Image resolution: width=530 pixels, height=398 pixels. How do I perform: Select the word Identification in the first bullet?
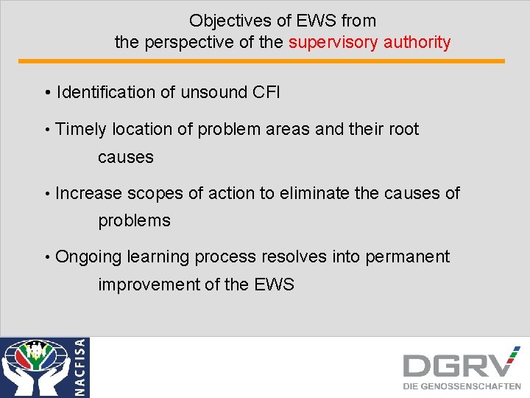pos(105,92)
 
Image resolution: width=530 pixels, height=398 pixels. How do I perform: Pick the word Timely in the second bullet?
pos(80,130)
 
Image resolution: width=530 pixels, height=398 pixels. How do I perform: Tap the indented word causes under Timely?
pos(126,157)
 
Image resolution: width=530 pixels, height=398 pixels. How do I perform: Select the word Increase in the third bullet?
pos(88,193)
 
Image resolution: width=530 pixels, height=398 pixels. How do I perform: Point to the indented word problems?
pos(134,221)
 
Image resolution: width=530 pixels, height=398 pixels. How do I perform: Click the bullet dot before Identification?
pos(46,93)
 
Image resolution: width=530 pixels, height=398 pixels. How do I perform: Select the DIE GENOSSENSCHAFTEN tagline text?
pos(462,386)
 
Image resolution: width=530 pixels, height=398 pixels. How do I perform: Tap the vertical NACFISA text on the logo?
pos(80,367)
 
